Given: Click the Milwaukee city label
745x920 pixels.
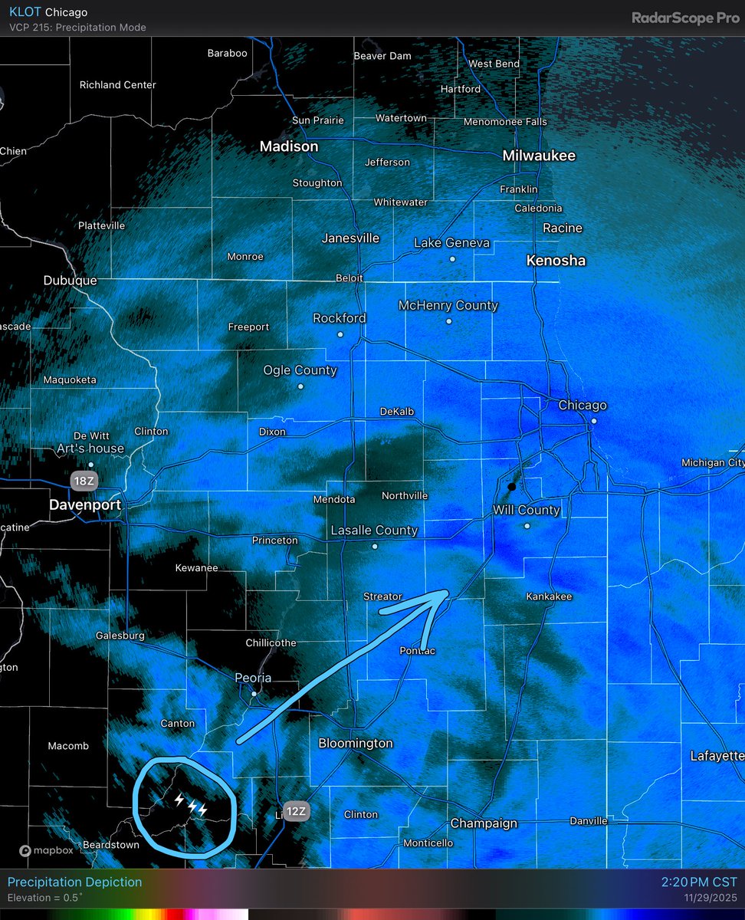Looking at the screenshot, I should point(539,156).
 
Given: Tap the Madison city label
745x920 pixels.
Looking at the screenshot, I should point(288,146).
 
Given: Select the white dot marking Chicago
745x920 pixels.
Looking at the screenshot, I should point(593,420).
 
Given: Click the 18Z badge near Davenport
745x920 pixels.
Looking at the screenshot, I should point(82,481).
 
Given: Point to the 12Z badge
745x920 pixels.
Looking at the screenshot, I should point(296,812).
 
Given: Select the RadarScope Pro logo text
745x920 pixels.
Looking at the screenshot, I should point(685,18).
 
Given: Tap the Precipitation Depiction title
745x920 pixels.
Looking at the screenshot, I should point(74,882).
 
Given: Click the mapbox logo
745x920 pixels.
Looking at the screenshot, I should point(47,850).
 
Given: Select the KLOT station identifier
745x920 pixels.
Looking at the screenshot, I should point(25,12).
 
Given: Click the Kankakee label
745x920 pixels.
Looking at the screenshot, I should point(549,596).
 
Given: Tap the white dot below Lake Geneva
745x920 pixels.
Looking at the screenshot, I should point(452,259).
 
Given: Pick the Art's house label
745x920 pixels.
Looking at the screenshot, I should point(90,449).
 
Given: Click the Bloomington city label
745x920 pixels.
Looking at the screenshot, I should point(356,743).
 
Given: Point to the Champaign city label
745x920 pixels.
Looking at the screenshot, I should point(484,823).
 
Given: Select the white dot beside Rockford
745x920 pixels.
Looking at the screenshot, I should point(340,334).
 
